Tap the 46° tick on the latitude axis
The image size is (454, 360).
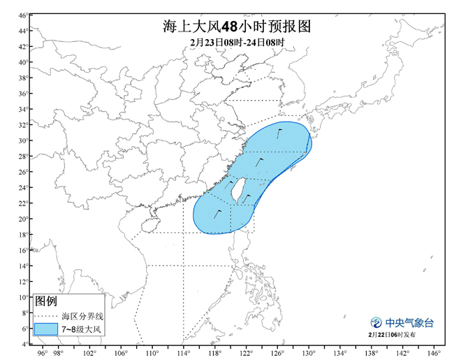[23, 15]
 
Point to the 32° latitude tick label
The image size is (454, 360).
[23, 125]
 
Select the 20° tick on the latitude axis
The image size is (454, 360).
[23, 219]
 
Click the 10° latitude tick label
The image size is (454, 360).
[23, 297]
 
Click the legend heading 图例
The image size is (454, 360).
[46, 301]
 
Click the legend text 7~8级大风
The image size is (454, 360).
[82, 328]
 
